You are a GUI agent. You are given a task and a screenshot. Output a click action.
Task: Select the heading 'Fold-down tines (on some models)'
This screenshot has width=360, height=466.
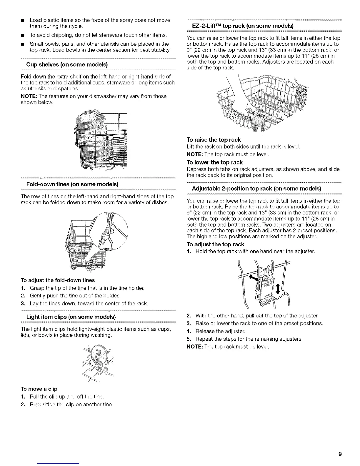tap(72, 184)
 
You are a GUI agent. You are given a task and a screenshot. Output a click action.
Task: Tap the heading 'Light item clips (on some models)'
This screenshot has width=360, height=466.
tap(71, 317)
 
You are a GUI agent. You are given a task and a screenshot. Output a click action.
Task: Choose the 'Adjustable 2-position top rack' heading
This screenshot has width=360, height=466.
tap(256, 188)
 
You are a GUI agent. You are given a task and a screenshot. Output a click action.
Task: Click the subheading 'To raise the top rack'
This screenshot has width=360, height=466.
tap(214, 139)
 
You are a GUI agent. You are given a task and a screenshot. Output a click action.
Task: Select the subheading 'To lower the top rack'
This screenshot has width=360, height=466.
tap(215, 162)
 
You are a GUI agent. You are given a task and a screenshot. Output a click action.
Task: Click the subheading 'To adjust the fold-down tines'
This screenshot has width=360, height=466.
tap(58, 280)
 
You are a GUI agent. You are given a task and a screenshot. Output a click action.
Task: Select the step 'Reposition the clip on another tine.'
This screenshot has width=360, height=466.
tap(71, 404)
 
